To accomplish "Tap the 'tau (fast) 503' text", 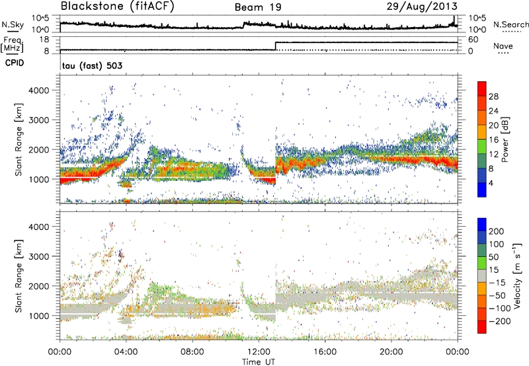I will coord(90,65).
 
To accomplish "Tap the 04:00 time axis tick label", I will coord(126,351).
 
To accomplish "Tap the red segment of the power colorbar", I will coord(482,92).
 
